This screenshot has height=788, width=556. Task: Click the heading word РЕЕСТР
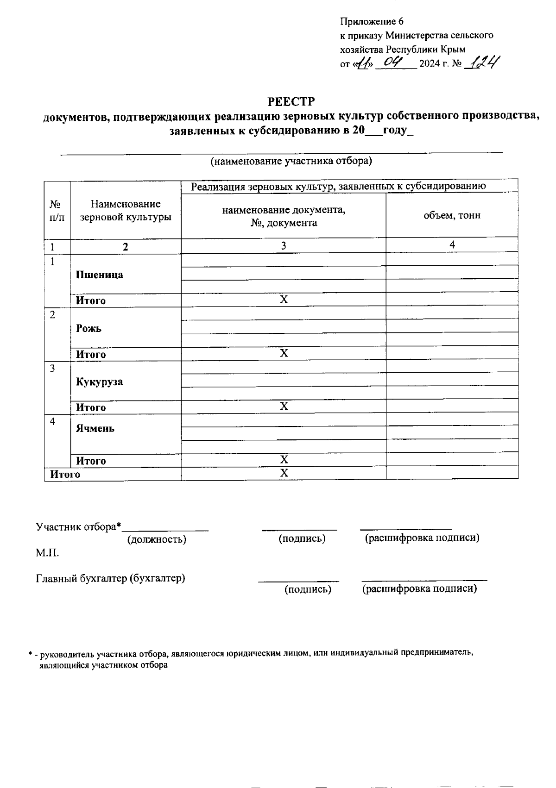(291, 102)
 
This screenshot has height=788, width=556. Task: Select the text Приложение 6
(372, 22)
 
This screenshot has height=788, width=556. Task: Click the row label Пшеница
(100, 275)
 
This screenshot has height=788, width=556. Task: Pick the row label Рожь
(89, 328)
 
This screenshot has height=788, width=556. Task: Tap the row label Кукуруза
(100, 382)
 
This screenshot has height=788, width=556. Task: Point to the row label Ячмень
(95, 428)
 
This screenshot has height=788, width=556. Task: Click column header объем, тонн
(452, 215)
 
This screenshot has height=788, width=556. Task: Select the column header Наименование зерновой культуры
(126, 210)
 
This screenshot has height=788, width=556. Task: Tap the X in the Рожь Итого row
(284, 354)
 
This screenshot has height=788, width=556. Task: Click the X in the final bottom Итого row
(284, 473)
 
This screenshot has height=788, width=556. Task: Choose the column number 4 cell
(452, 245)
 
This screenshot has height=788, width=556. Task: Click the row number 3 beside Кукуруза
(53, 369)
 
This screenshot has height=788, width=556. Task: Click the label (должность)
(157, 539)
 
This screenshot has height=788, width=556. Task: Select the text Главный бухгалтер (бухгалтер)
(111, 578)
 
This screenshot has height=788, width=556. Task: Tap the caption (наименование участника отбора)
(291, 161)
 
